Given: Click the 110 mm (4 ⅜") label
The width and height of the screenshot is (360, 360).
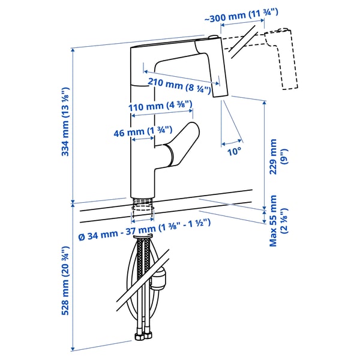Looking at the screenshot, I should tap(161, 107).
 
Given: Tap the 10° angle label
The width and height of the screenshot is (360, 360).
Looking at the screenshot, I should tap(233, 152).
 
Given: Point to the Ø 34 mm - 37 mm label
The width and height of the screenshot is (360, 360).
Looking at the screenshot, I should tap(146, 222).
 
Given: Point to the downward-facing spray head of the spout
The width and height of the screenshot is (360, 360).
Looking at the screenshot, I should tap(220, 75).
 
